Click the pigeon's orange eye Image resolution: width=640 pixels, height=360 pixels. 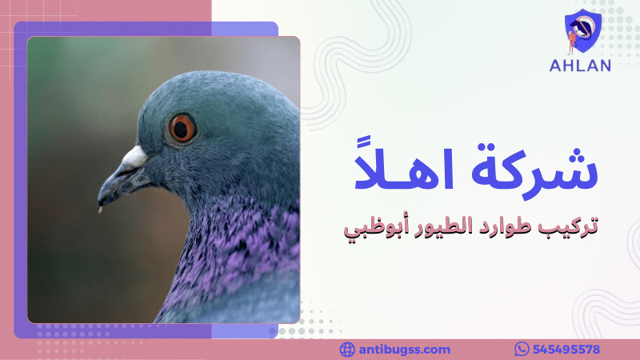click(x=182, y=127)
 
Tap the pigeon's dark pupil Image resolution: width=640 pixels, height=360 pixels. click(x=182, y=127)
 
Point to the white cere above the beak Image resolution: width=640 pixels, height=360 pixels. click(x=134, y=157)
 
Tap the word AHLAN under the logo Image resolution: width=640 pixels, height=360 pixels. click(x=580, y=66)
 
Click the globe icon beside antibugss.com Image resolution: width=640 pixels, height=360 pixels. click(x=347, y=350)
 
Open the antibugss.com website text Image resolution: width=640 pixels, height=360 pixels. click(x=405, y=350)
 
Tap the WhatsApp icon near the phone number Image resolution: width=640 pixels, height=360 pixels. click(x=522, y=350)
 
